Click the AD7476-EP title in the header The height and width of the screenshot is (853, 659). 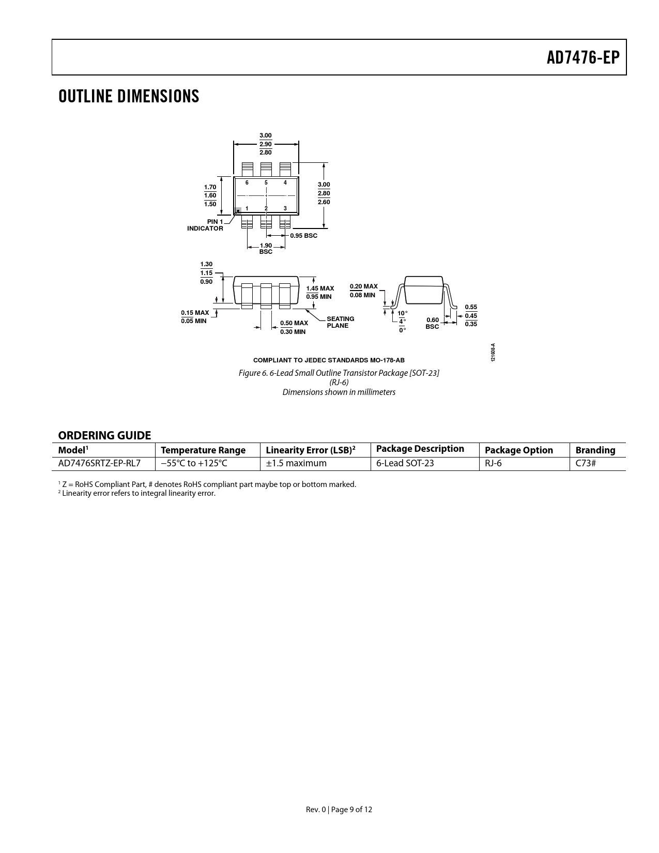583,58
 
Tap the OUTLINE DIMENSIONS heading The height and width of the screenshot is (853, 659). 129,96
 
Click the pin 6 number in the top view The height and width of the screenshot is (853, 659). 247,182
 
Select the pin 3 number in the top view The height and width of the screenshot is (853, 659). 285,208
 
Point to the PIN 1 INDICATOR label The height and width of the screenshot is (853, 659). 205,225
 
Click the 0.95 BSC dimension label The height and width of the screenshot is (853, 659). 304,236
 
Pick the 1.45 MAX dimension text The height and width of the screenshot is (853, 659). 320,288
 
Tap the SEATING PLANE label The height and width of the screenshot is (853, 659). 340,322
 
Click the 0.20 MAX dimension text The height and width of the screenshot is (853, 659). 364,286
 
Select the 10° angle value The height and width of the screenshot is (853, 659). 402,313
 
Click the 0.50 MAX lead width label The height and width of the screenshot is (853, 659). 294,323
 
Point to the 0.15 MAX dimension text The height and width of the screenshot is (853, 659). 195,313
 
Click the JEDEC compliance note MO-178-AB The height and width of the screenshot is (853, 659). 329,360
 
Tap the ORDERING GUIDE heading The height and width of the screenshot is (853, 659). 104,435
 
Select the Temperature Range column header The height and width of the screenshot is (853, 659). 203,450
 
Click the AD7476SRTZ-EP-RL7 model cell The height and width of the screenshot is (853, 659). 99,463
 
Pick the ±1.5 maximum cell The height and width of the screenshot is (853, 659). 296,463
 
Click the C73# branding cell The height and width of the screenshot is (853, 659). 586,463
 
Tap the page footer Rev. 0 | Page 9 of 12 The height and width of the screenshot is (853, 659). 339,810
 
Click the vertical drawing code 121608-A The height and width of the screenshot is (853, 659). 493,353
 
